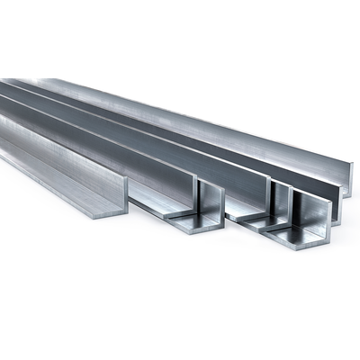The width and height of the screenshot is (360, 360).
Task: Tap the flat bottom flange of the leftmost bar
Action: (x=54, y=184)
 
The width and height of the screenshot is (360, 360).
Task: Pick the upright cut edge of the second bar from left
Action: (x=200, y=199)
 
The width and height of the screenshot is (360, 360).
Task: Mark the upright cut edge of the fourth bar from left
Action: (x=270, y=202)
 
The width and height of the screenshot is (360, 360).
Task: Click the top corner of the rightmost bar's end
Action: (x=351, y=166)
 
